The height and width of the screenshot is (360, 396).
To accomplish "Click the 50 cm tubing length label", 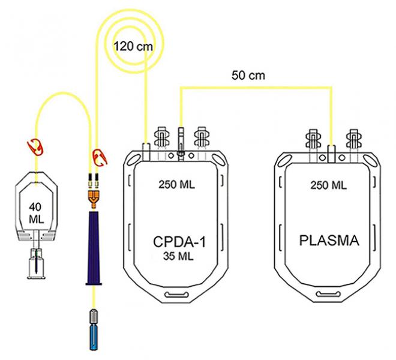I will click(248, 76).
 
